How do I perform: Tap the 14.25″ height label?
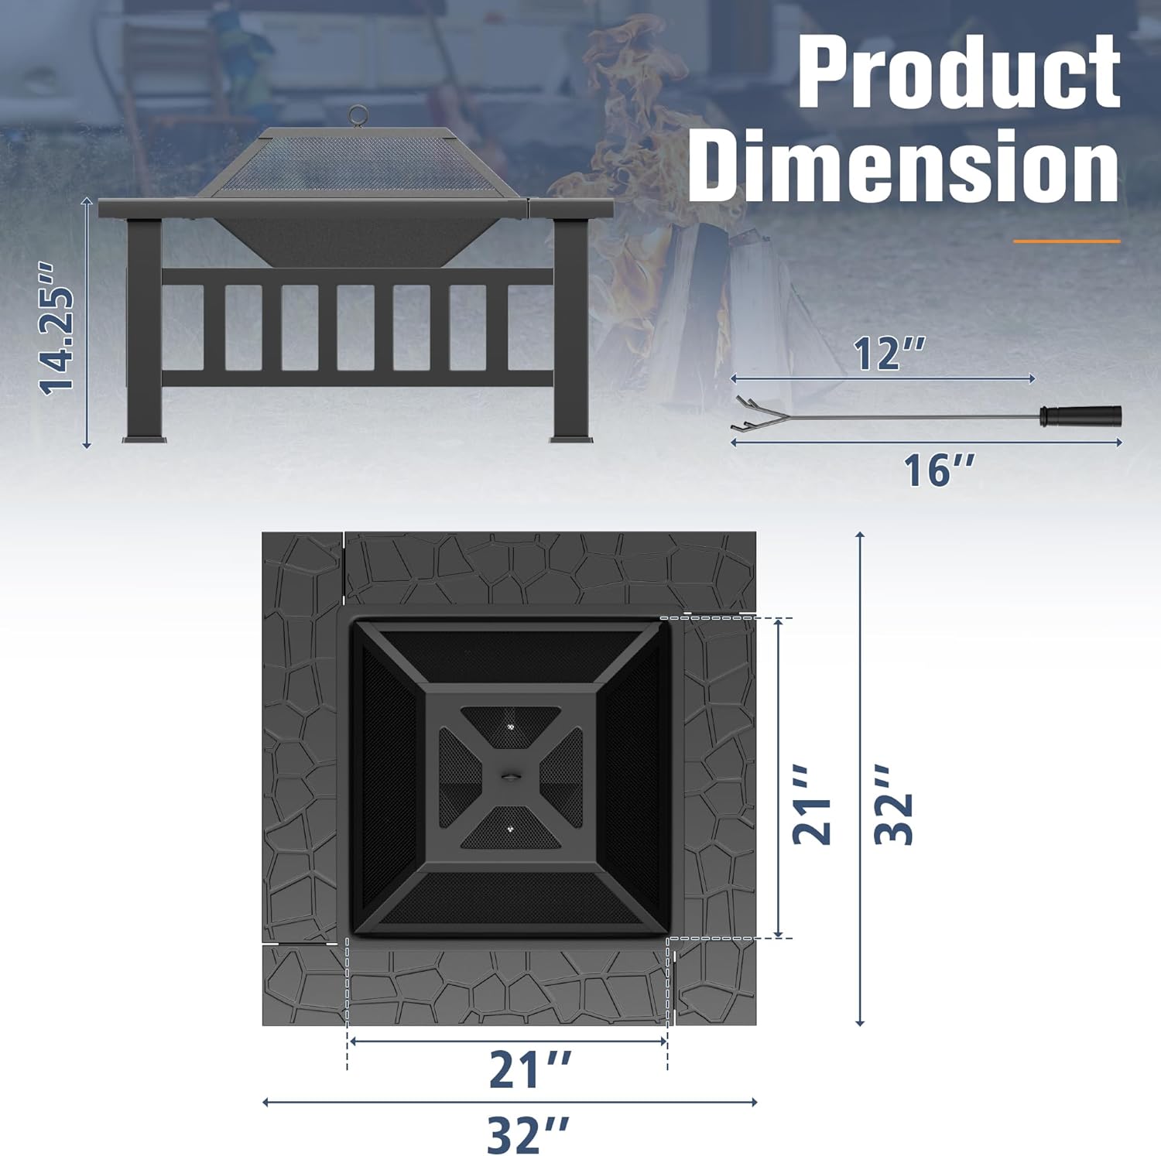coord(58,329)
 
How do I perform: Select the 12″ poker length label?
coord(889,354)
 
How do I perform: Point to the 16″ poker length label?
coord(939,470)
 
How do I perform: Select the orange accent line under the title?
coord(1067,241)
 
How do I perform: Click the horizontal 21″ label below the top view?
coord(529,1070)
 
